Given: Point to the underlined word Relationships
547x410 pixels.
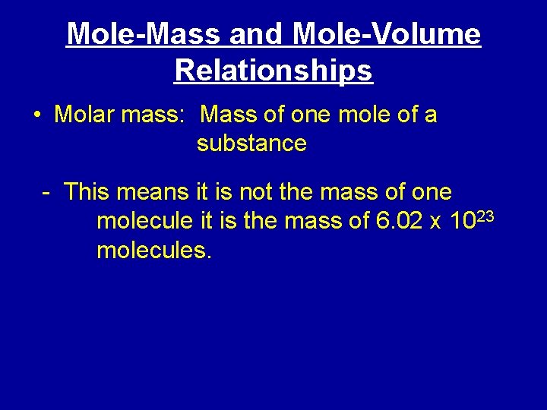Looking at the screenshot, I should pyautogui.click(x=273, y=71).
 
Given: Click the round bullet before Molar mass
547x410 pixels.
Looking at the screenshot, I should pyautogui.click(x=37, y=116).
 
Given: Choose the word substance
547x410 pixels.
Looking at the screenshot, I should pyautogui.click(x=251, y=143).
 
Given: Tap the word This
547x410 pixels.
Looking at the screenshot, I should pyautogui.click(x=88, y=192).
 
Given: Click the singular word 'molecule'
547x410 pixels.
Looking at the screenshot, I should pyautogui.click(x=145, y=221).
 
